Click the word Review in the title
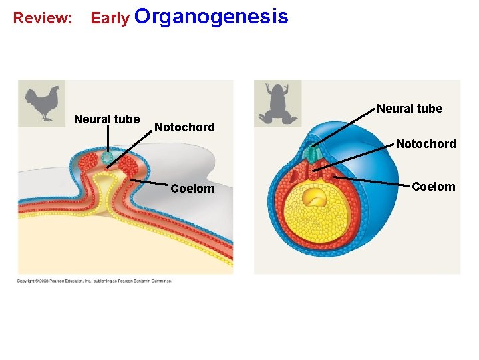pos(43,18)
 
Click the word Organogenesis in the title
pos(212,16)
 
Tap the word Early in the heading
pos(110,18)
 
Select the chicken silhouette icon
pos(41,103)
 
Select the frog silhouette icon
pos(278,103)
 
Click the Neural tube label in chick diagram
pos(106,119)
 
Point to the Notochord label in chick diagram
pos(184,127)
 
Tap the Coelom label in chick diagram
pos(192,189)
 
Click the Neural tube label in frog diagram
pos(409,109)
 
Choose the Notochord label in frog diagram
pos(426,144)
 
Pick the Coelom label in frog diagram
pos(433,187)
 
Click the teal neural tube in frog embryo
pos(311,155)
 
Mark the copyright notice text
pos(94,281)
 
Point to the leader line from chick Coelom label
pos(150,182)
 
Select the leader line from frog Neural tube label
pos(343,126)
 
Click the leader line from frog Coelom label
pos(369,182)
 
